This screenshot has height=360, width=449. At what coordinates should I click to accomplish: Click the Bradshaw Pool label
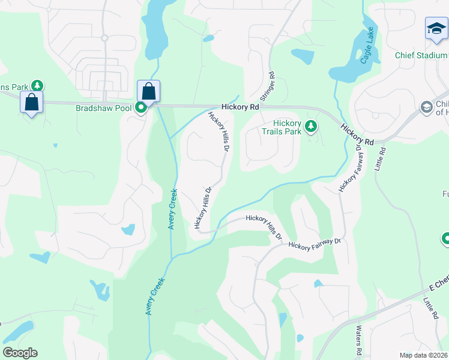[104, 109]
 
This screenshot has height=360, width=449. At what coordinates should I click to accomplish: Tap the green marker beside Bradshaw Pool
[141, 108]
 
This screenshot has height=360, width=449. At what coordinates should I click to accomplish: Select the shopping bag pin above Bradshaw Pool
[148, 92]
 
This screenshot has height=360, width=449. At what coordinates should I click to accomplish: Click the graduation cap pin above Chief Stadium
[436, 29]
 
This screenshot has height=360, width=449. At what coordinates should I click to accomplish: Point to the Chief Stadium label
[421, 55]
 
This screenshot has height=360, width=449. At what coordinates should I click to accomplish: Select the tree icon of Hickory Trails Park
[310, 125]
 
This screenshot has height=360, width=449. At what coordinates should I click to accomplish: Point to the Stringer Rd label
[267, 87]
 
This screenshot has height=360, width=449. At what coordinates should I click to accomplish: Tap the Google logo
[19, 353]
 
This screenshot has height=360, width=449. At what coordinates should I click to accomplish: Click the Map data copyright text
[424, 355]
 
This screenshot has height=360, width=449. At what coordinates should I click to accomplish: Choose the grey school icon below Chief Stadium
[427, 107]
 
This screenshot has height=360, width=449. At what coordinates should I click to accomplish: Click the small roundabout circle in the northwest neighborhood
[104, 38]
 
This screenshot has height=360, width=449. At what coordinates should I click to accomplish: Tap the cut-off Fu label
[445, 194]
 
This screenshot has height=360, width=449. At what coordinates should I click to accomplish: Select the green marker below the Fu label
[445, 239]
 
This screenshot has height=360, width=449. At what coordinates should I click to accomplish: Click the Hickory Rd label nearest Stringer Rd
[240, 106]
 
